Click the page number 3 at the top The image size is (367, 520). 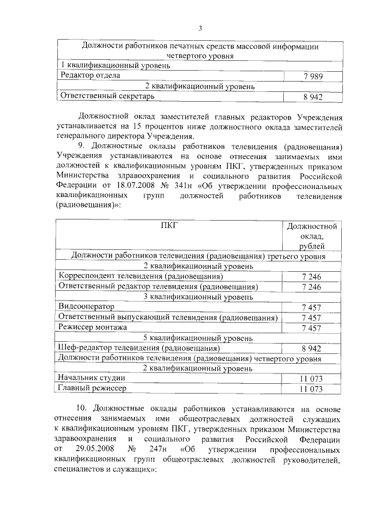tap(200, 29)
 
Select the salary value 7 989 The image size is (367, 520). tap(313, 76)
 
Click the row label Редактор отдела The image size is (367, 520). tap(91, 75)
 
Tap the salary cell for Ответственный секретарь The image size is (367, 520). tap(313, 97)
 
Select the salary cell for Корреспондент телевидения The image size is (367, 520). tap(311, 277)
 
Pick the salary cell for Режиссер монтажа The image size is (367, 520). tap(311, 328)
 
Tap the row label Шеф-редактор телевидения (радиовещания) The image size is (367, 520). tap(139, 348)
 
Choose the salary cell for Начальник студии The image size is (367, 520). tap(311, 379)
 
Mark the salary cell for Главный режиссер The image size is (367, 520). tap(311, 390)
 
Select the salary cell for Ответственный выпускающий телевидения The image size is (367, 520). tap(311, 318)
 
